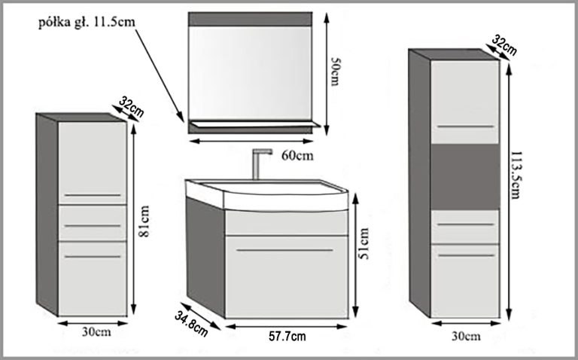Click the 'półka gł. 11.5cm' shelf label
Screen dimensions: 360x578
[x=87, y=22]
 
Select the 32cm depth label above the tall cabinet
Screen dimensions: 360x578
[x=503, y=45]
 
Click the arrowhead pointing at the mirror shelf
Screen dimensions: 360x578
[x=181, y=118]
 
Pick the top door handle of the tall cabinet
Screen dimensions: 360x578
[x=465, y=125]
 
